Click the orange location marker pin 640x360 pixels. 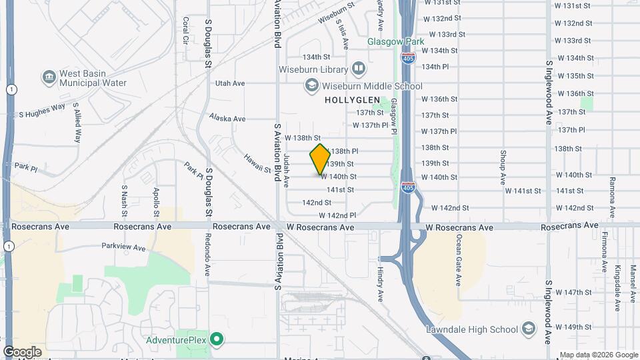[x=320, y=159]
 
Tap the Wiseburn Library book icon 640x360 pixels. [x=359, y=69]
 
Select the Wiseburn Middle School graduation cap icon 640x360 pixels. [x=311, y=85]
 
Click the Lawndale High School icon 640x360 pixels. [x=528, y=329]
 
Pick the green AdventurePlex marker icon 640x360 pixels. [x=216, y=340]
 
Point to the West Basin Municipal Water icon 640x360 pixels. [x=49, y=77]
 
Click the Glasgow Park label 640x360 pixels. [x=396, y=41]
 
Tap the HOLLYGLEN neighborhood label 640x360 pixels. [x=352, y=100]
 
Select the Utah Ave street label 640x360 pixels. [x=230, y=83]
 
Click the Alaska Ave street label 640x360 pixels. [x=227, y=117]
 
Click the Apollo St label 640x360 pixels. [x=156, y=199]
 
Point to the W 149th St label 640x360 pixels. [x=577, y=327]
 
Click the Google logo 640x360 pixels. [x=22, y=352]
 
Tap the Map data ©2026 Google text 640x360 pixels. [x=598, y=355]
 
